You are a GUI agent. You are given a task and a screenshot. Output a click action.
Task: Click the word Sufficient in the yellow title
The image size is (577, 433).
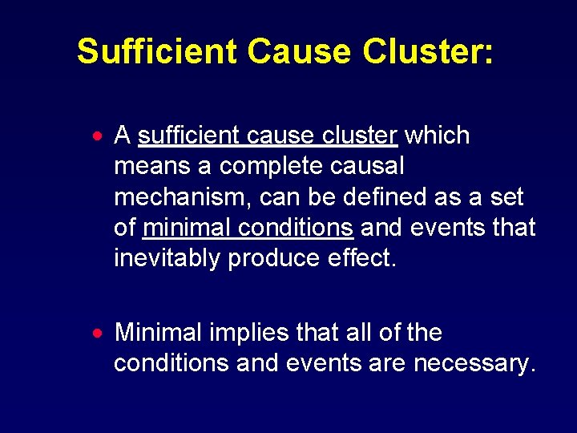[157, 52]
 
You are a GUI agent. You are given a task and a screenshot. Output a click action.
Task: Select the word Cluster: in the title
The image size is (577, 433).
[428, 52]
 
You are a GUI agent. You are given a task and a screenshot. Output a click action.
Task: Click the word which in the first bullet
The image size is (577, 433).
[438, 136]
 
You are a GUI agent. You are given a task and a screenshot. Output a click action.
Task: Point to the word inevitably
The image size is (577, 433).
[167, 258]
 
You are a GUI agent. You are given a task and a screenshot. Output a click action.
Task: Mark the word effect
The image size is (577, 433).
[361, 258]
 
